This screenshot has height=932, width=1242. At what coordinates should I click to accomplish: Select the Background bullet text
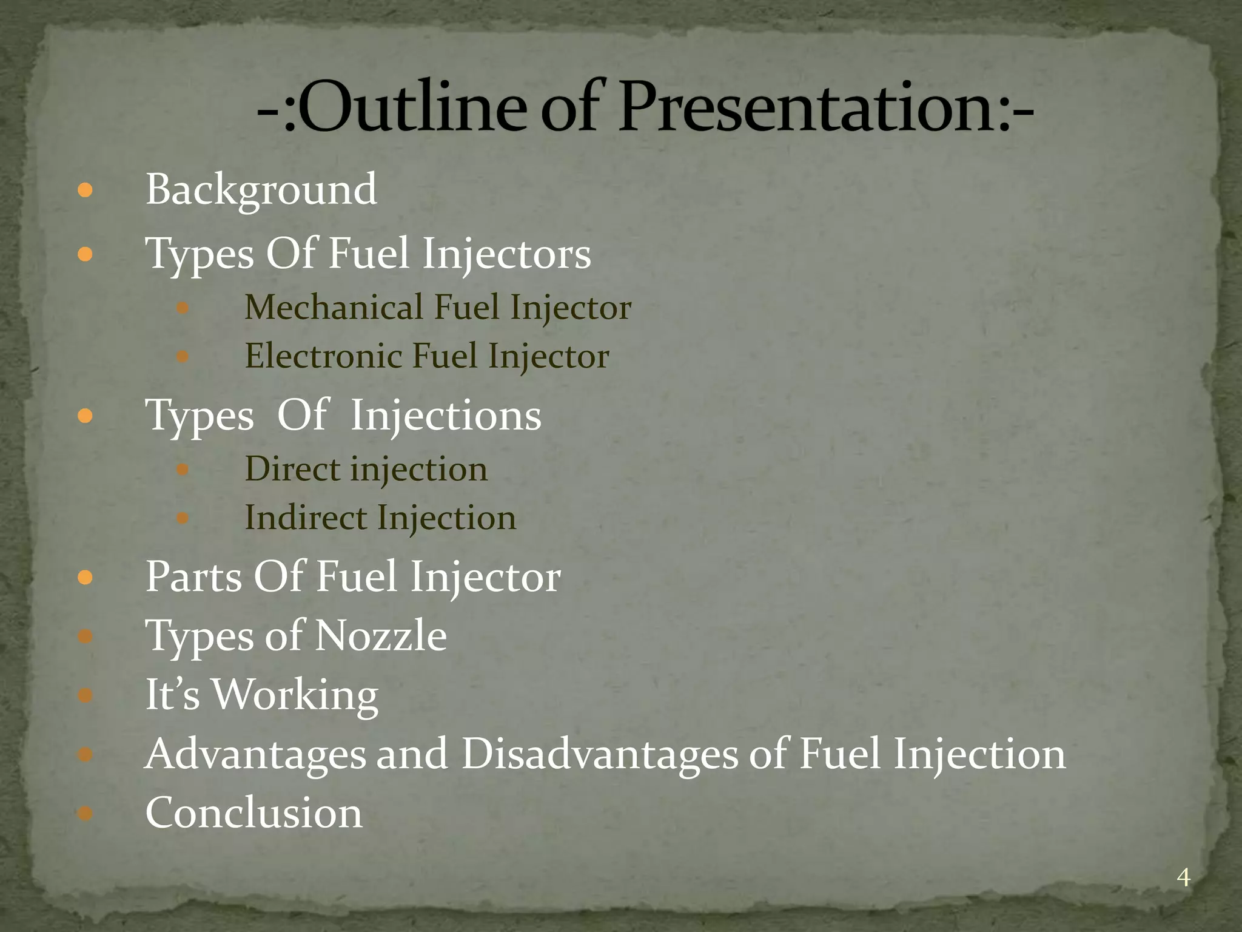(x=261, y=190)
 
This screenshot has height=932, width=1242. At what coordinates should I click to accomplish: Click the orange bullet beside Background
(x=86, y=191)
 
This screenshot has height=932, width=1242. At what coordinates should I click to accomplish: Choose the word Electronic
(x=323, y=356)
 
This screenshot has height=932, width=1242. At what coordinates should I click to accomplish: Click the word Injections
(x=446, y=416)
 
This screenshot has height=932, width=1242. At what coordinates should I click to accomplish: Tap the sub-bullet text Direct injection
(x=366, y=469)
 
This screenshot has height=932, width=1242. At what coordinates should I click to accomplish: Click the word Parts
(x=194, y=576)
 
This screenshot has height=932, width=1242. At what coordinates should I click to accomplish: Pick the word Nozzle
(x=381, y=636)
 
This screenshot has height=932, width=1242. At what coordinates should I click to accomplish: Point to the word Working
(x=295, y=695)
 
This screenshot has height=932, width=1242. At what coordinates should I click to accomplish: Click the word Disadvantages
(x=599, y=754)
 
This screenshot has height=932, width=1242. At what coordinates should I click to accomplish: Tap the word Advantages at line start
(x=255, y=754)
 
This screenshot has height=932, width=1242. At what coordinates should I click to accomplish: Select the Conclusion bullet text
(x=254, y=813)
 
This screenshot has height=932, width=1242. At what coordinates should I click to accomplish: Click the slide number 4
(x=1183, y=877)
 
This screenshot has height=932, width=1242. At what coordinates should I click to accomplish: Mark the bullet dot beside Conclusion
(x=86, y=813)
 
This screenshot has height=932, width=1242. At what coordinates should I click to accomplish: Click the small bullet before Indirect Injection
(x=183, y=518)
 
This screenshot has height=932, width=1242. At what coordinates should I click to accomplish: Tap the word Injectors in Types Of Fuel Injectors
(x=506, y=254)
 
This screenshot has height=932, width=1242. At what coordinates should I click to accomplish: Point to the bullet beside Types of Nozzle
(x=86, y=637)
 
